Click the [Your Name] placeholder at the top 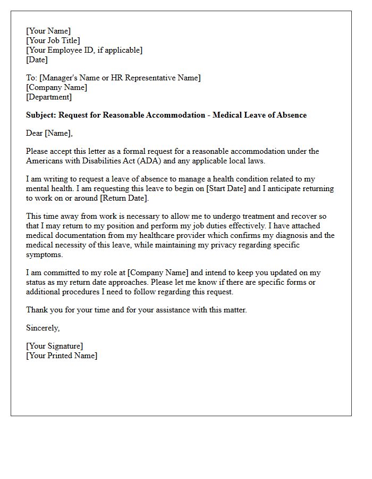pos(48,31)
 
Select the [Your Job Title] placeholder pos(53,40)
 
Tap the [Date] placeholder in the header pos(37,60)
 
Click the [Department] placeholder pos(49,97)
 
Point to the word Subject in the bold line pos(40,115)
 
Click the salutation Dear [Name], pos(49,133)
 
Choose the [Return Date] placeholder pos(122,198)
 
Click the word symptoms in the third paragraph pos(40,254)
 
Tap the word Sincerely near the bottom pos(43,328)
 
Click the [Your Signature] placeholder pos(55,346)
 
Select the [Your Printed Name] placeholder pos(62,356)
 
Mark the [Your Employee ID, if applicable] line pos(84,50)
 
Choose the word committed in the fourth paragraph pos(57,272)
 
